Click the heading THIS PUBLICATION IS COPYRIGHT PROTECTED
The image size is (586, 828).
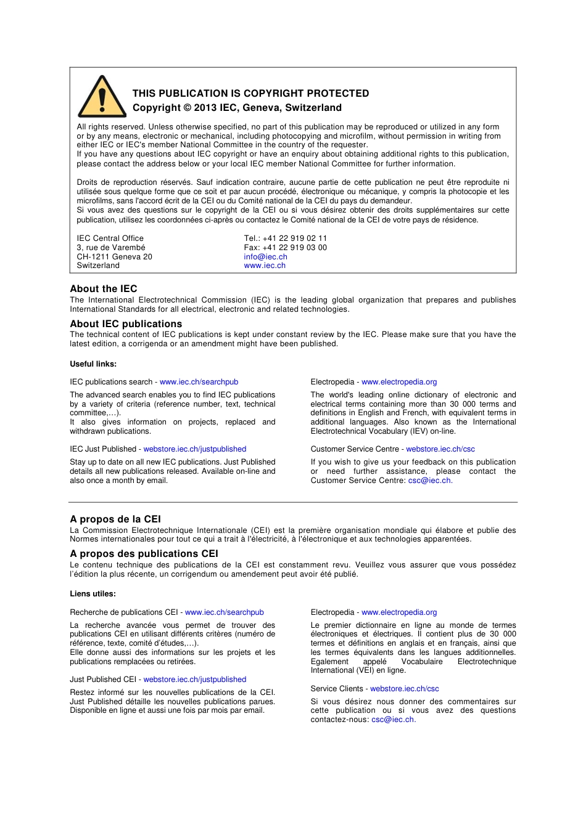point(250,94)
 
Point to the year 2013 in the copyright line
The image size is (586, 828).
point(205,108)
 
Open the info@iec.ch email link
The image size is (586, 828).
point(265,257)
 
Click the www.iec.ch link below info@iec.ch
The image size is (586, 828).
point(265,266)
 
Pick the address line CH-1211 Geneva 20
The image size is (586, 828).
point(114,257)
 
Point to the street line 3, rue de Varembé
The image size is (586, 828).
point(111,248)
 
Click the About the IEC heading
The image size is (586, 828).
point(104,289)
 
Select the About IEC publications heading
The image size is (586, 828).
point(126,324)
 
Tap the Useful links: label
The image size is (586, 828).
point(93,364)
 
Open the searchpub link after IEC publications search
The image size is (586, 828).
point(199,382)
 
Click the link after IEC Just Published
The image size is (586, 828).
point(195,449)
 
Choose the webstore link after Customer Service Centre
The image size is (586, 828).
point(440,449)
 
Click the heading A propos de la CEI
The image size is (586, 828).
point(115,519)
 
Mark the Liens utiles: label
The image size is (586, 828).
point(93,594)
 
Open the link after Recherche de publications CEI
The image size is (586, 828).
point(225,612)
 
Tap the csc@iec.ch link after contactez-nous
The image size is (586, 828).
point(393,720)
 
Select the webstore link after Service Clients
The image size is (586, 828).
point(405,689)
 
